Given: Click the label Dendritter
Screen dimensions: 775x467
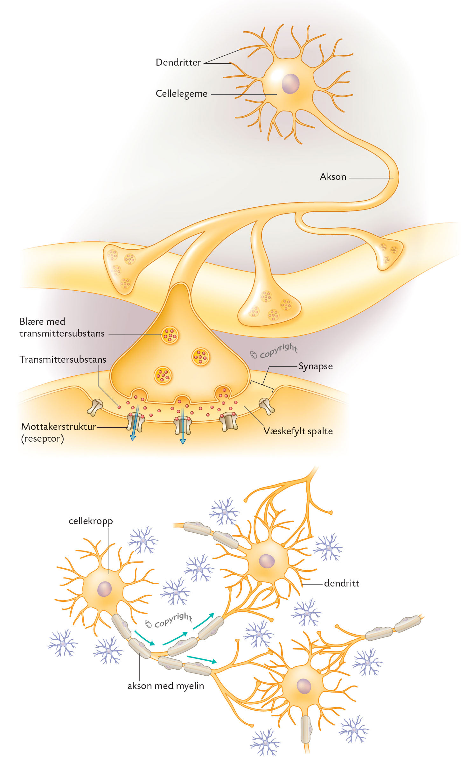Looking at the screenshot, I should click(x=178, y=62).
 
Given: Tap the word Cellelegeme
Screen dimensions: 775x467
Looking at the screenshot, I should click(x=181, y=94).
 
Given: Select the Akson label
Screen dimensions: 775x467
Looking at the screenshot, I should click(x=333, y=177).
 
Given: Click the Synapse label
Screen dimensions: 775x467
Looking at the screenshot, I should click(x=315, y=366).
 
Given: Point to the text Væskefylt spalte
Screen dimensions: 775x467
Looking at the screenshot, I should click(x=298, y=431).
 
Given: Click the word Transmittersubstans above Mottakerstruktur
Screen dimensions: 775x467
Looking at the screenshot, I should click(x=63, y=359).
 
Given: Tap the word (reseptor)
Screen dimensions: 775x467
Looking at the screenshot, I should click(x=42, y=439).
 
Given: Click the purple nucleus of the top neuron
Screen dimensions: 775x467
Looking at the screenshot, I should click(x=290, y=84).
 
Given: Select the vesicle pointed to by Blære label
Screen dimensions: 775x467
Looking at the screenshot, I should click(x=170, y=335).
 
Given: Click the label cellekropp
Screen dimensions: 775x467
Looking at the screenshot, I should click(x=91, y=521).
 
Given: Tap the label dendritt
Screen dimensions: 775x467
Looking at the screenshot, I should click(x=341, y=584).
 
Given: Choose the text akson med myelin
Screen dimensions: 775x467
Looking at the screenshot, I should click(x=165, y=686).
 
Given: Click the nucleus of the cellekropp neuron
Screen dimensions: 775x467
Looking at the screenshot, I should click(x=104, y=589).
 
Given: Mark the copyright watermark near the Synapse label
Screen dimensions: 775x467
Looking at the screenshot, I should click(x=274, y=351).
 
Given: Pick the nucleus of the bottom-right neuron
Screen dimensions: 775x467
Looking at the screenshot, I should click(x=303, y=686).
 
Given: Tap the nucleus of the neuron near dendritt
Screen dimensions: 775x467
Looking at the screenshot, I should click(x=267, y=561).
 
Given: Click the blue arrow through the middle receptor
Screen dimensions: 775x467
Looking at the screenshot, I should click(x=182, y=427).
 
